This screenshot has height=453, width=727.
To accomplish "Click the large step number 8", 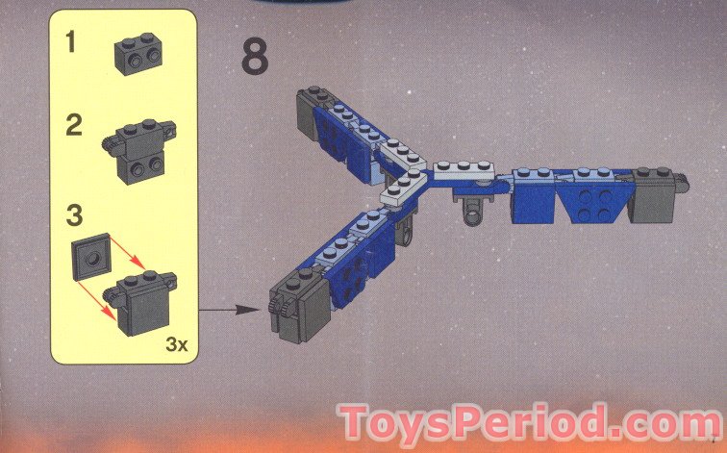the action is pos(255,58).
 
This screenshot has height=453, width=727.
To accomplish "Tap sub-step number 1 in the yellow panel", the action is pos(70,41).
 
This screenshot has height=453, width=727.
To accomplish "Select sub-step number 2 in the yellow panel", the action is pos(74,125).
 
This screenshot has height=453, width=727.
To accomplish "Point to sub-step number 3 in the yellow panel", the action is pos(74,215).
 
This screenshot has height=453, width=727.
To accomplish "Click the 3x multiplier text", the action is pos(177,344).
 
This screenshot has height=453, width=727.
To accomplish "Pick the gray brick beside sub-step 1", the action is pos(138,53).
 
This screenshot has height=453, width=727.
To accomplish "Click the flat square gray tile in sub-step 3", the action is pos(90,257).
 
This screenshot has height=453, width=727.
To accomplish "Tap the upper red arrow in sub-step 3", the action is pos(128,252).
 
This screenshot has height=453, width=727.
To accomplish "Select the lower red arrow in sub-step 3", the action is pos(95,299).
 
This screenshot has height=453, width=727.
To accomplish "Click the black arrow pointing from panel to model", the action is pos(229,310).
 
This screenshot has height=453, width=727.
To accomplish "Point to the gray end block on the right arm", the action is pos(655,194).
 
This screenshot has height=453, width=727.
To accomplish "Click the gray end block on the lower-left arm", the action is pos(300,304).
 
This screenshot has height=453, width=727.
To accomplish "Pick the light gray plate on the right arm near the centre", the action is pos(464,170).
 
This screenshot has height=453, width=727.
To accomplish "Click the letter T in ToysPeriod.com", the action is pos(355,420).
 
